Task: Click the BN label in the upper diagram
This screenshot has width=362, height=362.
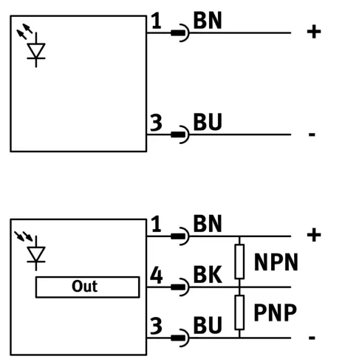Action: click(x=208, y=21)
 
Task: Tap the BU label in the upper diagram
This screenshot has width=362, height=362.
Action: click(x=208, y=122)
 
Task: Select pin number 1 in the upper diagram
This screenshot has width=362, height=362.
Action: click(x=157, y=21)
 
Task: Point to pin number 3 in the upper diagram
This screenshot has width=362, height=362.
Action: click(x=156, y=123)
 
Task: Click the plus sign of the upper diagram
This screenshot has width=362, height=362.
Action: click(x=314, y=32)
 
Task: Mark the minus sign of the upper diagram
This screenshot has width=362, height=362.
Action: click(x=312, y=134)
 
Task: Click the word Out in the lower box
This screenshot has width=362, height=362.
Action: click(x=84, y=286)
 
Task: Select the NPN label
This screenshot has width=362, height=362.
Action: click(x=276, y=262)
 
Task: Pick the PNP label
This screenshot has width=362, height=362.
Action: click(x=275, y=313)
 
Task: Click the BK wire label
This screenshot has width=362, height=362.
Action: click(x=208, y=274)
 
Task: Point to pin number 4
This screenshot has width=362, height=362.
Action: click(x=157, y=275)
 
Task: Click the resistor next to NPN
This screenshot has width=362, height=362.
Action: click(x=239, y=262)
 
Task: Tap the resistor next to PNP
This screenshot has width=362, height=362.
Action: click(x=239, y=313)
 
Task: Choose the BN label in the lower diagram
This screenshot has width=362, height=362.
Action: click(x=208, y=224)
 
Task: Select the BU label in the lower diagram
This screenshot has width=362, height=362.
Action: click(x=208, y=325)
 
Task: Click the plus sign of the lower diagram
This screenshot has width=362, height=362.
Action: click(x=314, y=235)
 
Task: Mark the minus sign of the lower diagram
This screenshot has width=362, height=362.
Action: click(x=312, y=338)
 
